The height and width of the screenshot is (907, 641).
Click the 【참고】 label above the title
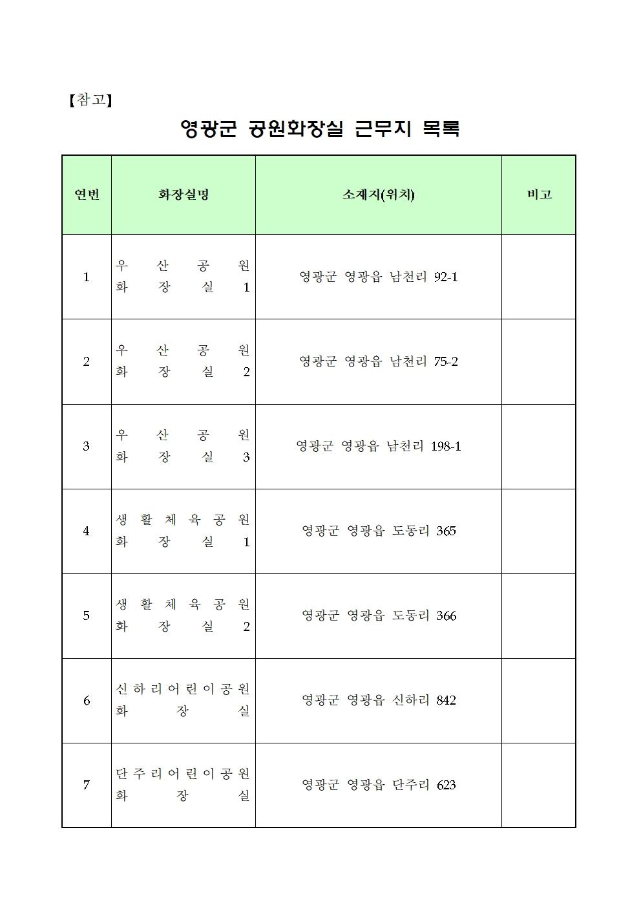(90, 100)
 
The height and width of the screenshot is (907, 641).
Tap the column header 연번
(87, 195)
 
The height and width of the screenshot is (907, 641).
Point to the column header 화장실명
(184, 195)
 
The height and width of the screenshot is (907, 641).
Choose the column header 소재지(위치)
(378, 195)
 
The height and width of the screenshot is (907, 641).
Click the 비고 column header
(539, 195)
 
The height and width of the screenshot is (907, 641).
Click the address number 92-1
(446, 277)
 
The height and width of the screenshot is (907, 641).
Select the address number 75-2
(446, 362)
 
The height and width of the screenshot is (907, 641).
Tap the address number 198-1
(445, 447)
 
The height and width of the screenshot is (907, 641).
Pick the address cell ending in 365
(379, 531)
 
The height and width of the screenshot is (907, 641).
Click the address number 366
(446, 616)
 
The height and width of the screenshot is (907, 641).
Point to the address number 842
(446, 701)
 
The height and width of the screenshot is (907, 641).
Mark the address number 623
(446, 785)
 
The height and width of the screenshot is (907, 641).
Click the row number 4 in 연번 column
(87, 531)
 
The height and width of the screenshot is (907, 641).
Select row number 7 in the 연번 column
(87, 785)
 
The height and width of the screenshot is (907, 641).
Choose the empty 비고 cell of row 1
(539, 277)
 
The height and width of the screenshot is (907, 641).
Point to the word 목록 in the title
(440, 129)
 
